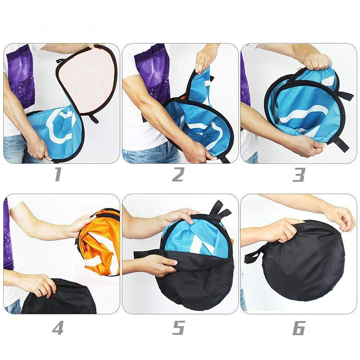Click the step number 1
pyautogui.click(x=58, y=175)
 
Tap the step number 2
pyautogui.click(x=178, y=175)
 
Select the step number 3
pyautogui.click(x=299, y=175)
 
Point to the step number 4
pyautogui.click(x=58, y=328)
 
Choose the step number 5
pyautogui.click(x=178, y=328)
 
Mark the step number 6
pyautogui.click(x=299, y=328)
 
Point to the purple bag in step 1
pyautogui.click(x=20, y=76)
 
